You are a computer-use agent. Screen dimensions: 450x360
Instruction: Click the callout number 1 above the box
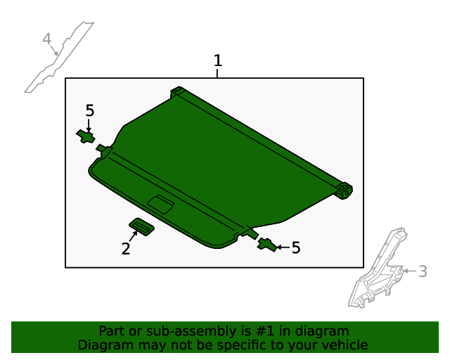click(x=218, y=60)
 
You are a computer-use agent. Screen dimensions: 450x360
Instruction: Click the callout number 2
click(x=126, y=249)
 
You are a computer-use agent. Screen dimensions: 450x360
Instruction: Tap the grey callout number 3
click(x=423, y=271)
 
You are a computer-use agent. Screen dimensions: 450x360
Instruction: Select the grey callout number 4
click(x=47, y=39)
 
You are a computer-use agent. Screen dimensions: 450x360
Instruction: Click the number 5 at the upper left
click(x=90, y=110)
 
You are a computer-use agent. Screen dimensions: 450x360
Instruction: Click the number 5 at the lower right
click(x=296, y=247)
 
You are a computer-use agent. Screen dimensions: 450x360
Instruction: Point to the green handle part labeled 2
click(x=142, y=227)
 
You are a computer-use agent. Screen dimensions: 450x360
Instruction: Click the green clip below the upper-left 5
click(x=86, y=136)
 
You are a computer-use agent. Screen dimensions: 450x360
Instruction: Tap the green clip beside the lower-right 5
click(x=267, y=245)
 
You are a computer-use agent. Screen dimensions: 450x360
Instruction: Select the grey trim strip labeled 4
click(x=59, y=58)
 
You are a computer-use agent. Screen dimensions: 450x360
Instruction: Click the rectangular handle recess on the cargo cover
click(x=161, y=205)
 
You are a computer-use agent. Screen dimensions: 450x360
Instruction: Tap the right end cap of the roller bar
click(x=345, y=191)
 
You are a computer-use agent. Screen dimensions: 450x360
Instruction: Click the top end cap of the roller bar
click(x=178, y=91)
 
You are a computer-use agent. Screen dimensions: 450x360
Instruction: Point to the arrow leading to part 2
click(x=133, y=236)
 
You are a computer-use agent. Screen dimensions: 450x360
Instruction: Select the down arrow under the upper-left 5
click(x=89, y=126)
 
